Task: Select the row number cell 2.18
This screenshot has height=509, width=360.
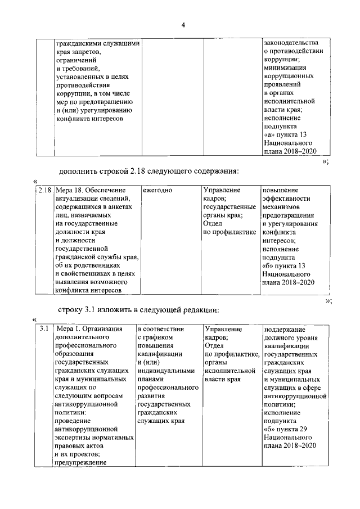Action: pyautogui.click(x=44, y=191)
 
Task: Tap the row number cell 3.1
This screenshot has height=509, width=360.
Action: pyautogui.click(x=44, y=328)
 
